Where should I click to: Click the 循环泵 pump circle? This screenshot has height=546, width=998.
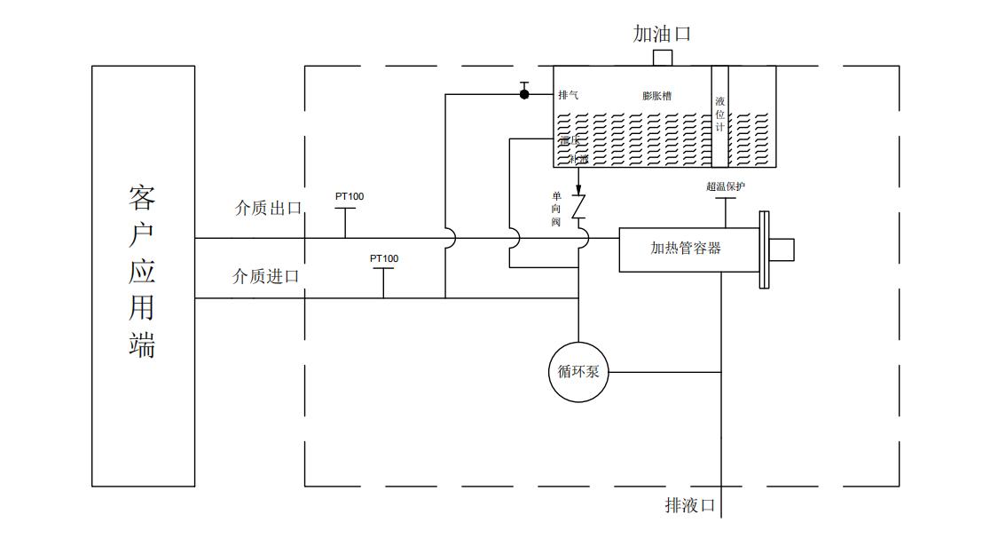coord(578,372)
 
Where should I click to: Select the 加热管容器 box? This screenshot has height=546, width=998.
coord(688,249)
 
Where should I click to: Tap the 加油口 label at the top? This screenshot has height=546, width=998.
coord(662,35)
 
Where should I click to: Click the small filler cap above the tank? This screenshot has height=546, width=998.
coord(662,58)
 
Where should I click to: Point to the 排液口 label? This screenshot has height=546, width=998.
coord(690,505)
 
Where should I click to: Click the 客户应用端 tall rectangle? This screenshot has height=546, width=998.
coord(143,275)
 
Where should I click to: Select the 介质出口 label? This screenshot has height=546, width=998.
coord(267,209)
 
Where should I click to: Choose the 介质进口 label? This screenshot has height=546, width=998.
coord(265,276)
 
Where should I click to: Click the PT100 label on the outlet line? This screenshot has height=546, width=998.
coord(349,196)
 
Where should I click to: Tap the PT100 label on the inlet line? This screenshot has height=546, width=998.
coord(384,258)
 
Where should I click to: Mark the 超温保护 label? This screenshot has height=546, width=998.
coord(725,186)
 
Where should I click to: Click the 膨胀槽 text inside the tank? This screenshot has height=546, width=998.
coord(656,96)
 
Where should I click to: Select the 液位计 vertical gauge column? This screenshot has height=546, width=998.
coord(720,115)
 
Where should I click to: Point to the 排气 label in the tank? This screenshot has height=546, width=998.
coord(569,95)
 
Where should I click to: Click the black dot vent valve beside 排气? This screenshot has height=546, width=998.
coord(524,93)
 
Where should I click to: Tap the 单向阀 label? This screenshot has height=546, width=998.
coord(556,209)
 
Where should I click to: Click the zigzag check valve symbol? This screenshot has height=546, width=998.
coord(579,208)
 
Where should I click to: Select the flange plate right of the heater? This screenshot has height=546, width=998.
coord(763,249)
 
